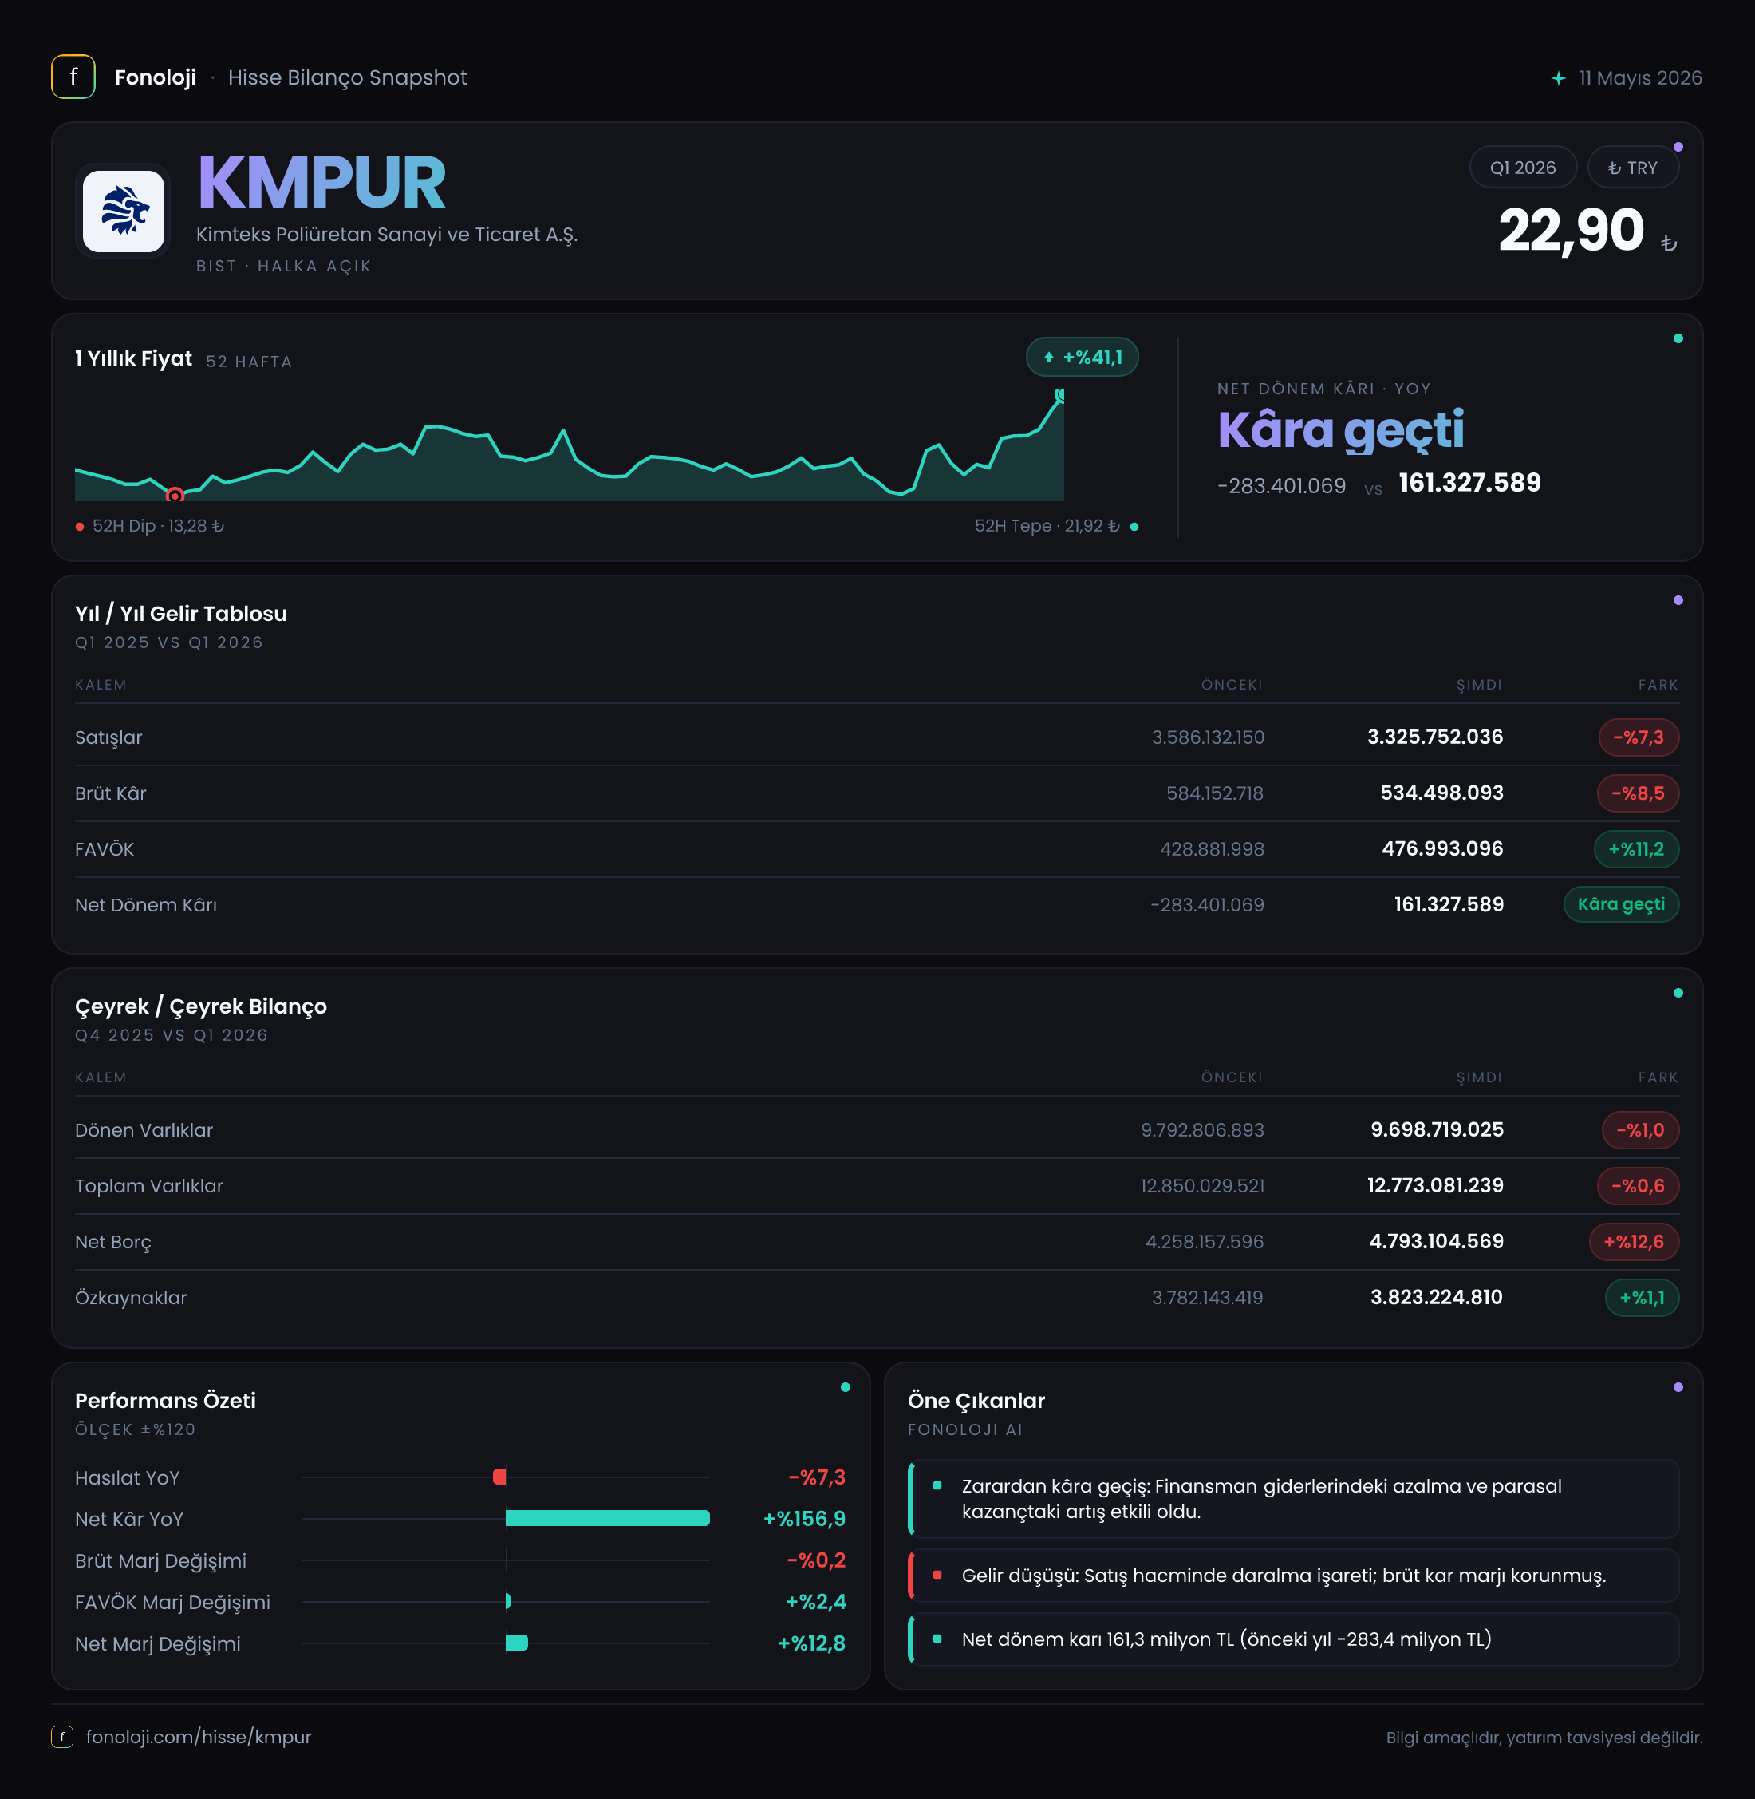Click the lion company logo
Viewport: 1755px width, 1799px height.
coord(124,212)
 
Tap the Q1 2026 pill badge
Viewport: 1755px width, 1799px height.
coord(1523,168)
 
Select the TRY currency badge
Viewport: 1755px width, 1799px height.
coord(1632,168)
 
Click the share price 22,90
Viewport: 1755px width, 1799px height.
coord(1571,231)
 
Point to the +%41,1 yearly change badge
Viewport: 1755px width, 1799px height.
coord(1083,357)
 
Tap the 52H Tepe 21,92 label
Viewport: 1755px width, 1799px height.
coord(1047,526)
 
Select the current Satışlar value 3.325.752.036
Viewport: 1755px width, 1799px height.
coord(1435,737)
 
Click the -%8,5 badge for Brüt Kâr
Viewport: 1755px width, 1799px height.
coord(1638,793)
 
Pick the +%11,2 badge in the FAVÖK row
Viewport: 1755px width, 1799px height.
coord(1636,848)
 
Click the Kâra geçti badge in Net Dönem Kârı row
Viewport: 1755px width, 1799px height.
coord(1621,903)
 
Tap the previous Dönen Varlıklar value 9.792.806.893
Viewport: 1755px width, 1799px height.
coord(1202,1129)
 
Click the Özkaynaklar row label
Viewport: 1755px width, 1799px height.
coord(131,1298)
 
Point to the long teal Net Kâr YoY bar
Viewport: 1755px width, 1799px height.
coord(607,1518)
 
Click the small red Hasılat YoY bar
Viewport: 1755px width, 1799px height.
coord(499,1477)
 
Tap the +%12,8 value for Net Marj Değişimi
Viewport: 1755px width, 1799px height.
coord(811,1643)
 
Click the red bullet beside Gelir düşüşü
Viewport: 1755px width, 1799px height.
coord(937,1575)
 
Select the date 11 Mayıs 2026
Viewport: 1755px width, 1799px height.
coord(1640,77)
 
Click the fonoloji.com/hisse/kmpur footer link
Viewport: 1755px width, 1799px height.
coord(198,1736)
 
